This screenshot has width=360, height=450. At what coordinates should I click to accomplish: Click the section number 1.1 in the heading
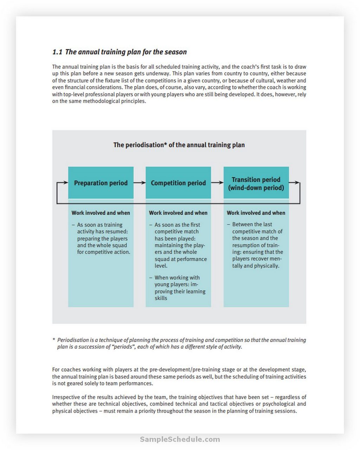click(57, 52)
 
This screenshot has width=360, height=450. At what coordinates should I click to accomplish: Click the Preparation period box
click(101, 183)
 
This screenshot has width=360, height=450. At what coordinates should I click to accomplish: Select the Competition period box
click(178, 183)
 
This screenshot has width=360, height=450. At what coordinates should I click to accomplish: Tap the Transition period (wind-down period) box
click(256, 183)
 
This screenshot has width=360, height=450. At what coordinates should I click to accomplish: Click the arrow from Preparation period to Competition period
click(140, 183)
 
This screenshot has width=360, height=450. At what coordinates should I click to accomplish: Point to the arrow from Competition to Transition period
click(217, 183)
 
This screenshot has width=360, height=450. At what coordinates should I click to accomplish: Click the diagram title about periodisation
click(179, 145)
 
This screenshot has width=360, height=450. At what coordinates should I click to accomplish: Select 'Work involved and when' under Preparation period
click(101, 213)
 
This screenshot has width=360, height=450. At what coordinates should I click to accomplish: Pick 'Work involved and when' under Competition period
click(178, 213)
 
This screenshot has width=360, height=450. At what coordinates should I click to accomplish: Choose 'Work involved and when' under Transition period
click(256, 213)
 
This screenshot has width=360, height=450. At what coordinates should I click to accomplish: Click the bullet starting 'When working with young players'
click(177, 288)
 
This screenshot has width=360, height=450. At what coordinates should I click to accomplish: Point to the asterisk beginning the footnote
click(54, 340)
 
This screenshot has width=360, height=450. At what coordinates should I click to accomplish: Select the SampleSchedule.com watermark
click(180, 439)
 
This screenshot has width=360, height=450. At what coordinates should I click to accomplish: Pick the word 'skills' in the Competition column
click(161, 298)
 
